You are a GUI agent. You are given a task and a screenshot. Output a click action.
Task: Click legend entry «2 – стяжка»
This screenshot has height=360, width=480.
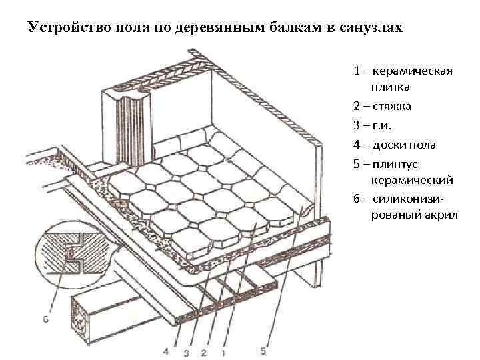click(382, 106)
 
